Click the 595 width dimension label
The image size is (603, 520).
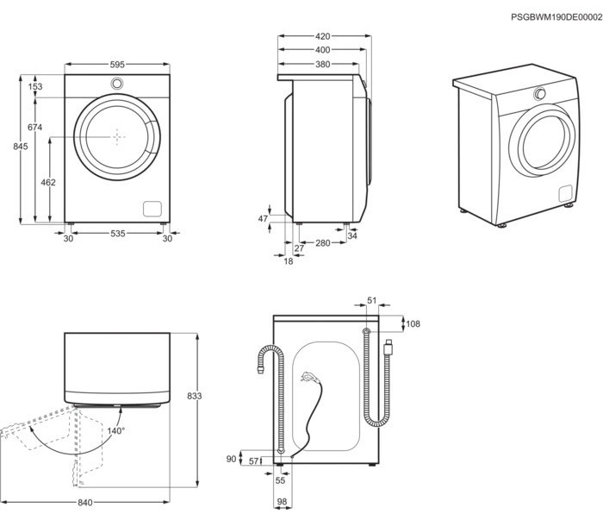coord(117,65)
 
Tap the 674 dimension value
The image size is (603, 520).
coord(34,128)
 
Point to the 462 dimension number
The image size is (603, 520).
coord(48,182)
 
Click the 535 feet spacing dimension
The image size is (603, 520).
coord(117,233)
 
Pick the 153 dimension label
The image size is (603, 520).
coord(34,86)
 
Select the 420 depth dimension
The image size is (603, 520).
coord(323,36)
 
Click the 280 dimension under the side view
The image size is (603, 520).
coord(323,243)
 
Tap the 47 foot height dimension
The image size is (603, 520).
coord(264,219)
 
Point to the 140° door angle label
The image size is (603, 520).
coord(115,429)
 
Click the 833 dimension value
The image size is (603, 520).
coord(194,396)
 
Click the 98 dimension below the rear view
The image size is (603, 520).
coord(281,502)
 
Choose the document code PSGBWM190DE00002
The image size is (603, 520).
coord(556,16)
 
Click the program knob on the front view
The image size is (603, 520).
coord(117,83)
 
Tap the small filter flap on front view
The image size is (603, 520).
coord(152,209)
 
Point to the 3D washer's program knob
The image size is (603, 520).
coord(541,94)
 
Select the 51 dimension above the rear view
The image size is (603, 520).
coord(371,300)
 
